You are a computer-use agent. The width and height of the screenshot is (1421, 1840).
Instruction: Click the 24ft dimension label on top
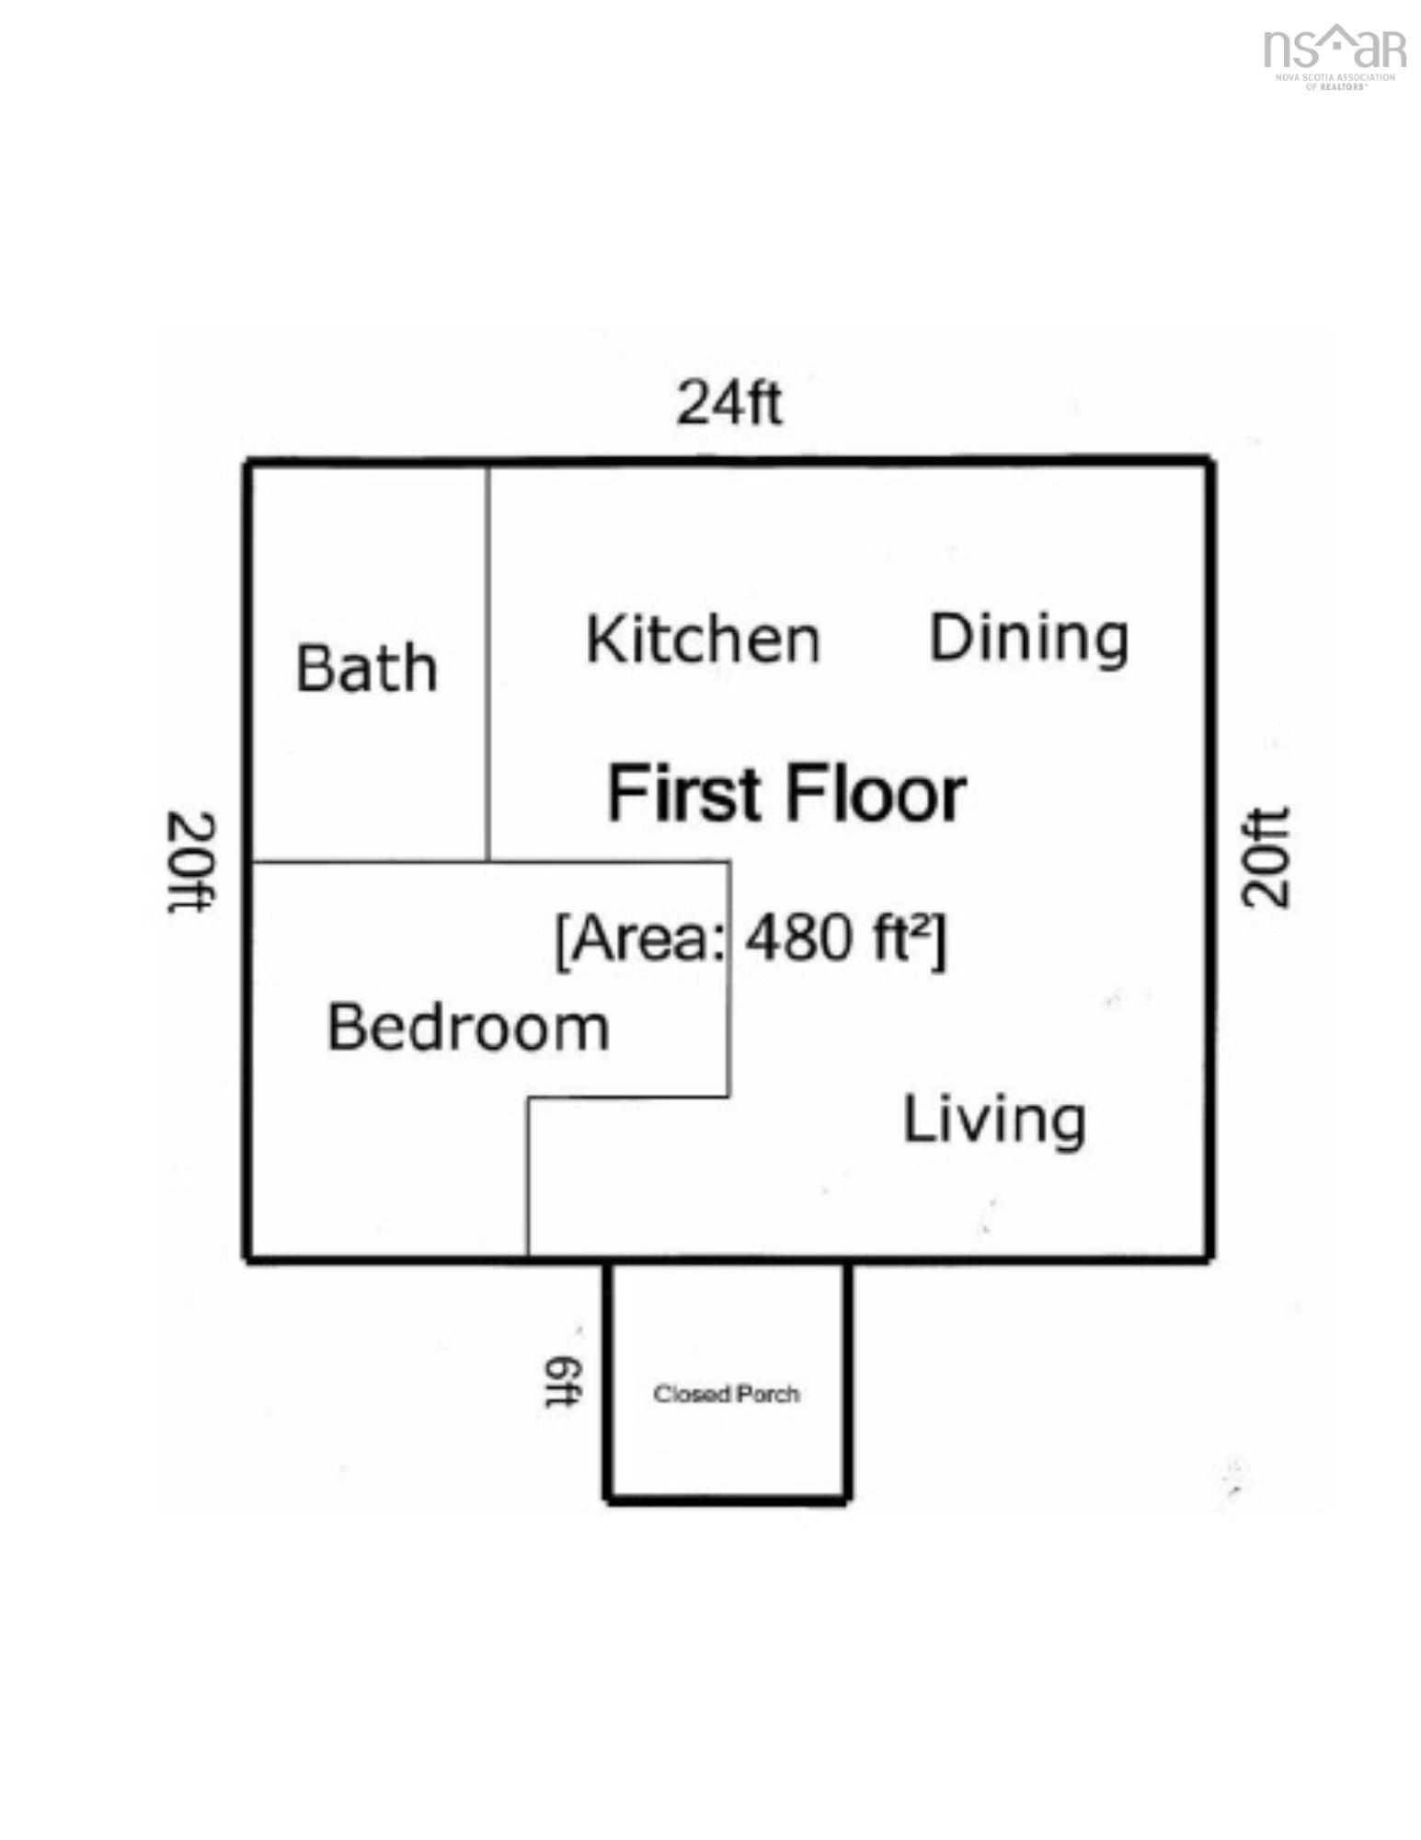(728, 403)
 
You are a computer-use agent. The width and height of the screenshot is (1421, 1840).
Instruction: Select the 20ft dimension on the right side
(1266, 857)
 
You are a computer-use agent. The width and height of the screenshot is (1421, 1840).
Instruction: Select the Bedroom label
(468, 1027)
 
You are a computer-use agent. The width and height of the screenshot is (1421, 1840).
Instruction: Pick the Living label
(994, 1120)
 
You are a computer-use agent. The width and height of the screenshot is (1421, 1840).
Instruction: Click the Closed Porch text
(726, 1394)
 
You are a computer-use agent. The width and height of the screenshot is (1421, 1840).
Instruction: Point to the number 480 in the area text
(798, 939)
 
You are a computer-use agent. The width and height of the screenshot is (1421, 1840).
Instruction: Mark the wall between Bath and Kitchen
(488, 662)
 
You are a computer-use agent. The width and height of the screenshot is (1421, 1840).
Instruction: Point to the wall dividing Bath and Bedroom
(368, 862)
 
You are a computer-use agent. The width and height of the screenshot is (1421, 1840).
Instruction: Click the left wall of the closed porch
(608, 1380)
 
